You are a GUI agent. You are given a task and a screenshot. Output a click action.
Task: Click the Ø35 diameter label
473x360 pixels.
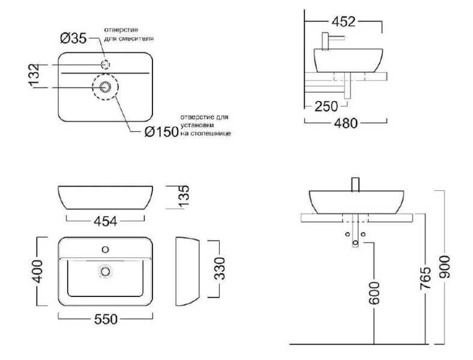tap(73, 38)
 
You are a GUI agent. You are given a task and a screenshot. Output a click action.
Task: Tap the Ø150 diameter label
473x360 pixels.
tap(161, 132)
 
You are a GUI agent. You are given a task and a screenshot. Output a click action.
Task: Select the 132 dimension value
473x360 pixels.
tap(34, 76)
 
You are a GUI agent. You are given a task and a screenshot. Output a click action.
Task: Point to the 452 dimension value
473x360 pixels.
tap(343, 22)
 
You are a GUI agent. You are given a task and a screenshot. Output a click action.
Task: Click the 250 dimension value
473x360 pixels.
tap(326, 106)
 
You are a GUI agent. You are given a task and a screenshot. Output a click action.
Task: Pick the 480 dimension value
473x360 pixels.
tap(346, 123)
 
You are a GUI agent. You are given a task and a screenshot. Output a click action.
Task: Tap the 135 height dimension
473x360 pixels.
tap(184, 197)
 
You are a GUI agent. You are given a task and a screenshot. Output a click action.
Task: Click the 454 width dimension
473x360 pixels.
tap(105, 221)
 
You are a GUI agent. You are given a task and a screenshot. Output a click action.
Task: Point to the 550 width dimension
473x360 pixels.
tap(106, 319)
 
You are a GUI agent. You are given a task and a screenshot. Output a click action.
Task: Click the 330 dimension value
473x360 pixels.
tap(220, 268)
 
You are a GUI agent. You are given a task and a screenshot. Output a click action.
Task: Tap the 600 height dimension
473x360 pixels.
tap(374, 293)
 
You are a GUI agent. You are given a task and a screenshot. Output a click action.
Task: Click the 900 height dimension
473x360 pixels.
tap(445, 267)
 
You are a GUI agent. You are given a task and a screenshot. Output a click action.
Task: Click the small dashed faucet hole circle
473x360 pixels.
tap(105, 65)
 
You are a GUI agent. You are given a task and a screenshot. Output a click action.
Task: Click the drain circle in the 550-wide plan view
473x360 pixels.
tap(105, 271)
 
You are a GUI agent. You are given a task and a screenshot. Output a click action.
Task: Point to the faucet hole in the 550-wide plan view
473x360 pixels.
tap(105, 250)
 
